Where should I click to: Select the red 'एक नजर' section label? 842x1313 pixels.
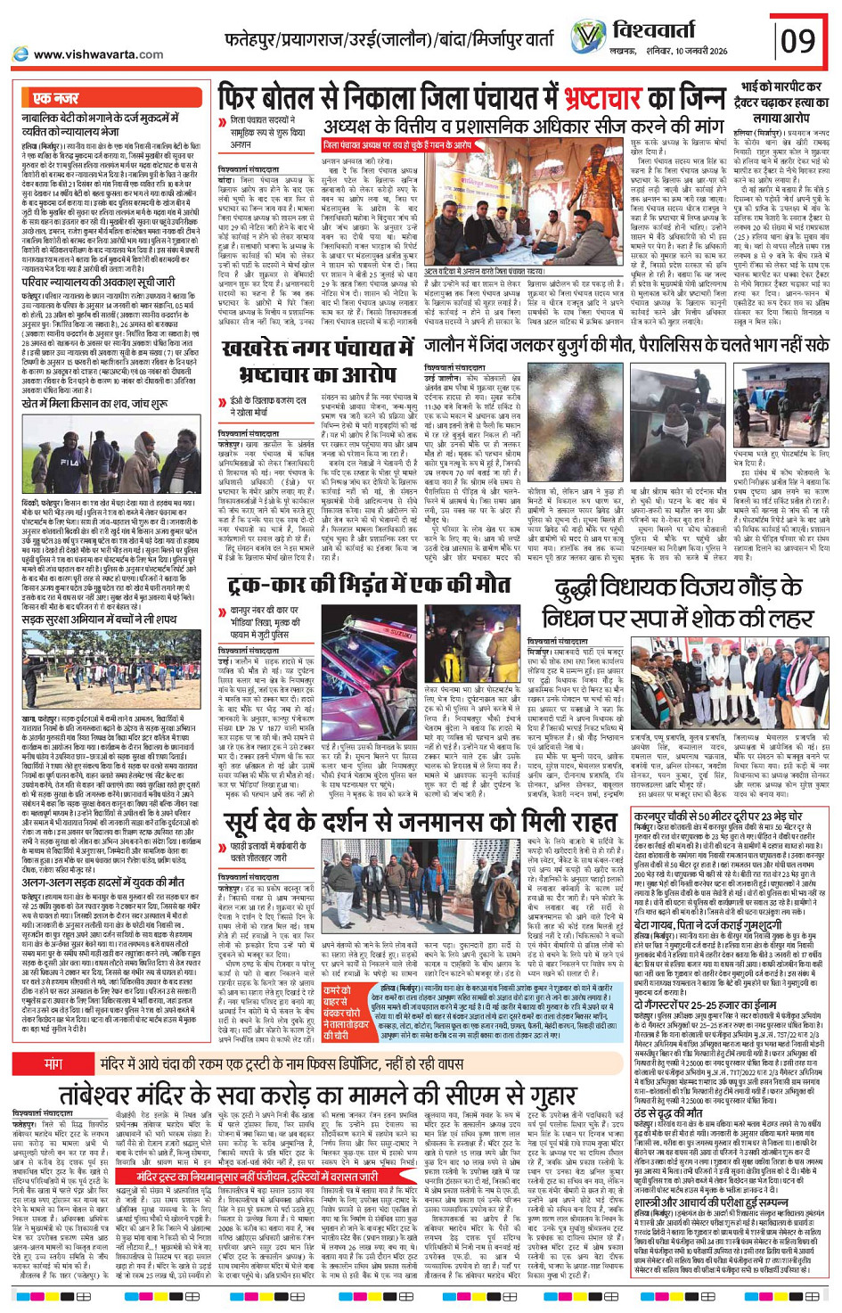click(55, 98)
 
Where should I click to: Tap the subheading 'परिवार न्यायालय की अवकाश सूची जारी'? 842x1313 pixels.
click(99, 282)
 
